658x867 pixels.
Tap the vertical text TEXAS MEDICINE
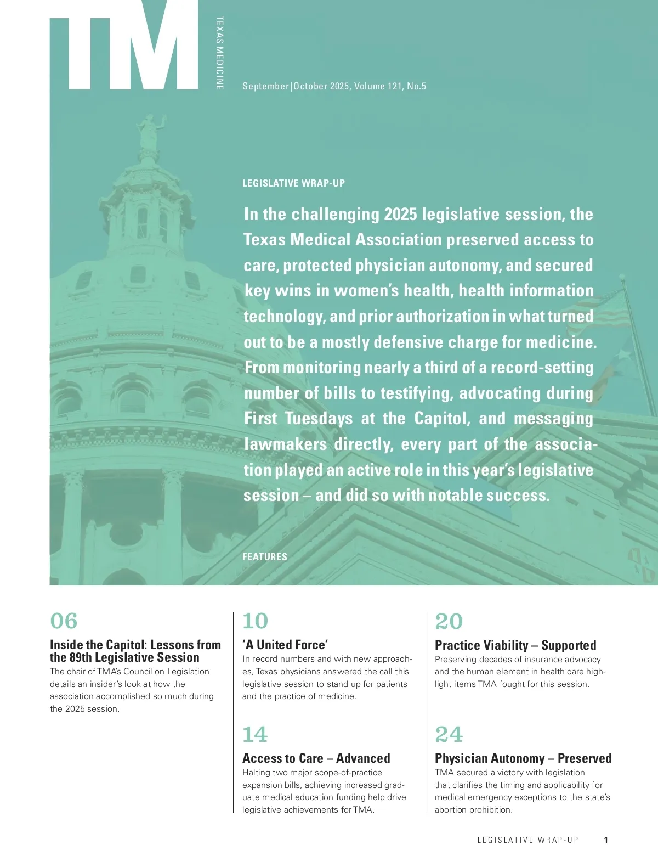coord(219,53)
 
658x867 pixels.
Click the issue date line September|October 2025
coord(334,86)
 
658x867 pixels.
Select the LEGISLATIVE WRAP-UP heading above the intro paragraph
coord(293,183)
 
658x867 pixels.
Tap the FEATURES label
coord(264,556)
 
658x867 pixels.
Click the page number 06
coord(64,621)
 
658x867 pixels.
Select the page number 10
coord(255,621)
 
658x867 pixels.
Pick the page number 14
coord(255,734)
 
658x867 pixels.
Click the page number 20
coord(449,621)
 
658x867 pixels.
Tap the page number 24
coord(449,734)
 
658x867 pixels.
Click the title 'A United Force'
coord(285,645)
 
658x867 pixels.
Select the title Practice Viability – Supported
coord(515,645)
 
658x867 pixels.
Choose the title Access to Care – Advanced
coord(316,758)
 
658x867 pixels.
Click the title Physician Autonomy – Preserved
coord(523,758)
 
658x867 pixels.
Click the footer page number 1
coord(605,840)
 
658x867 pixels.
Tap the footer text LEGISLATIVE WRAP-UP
coord(527,840)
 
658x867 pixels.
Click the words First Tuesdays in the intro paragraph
coord(298,419)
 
